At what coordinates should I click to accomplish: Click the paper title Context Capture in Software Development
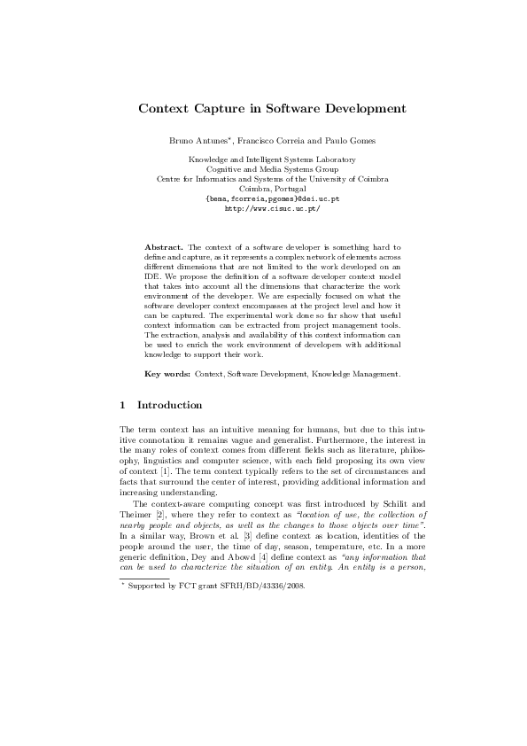pos(272,109)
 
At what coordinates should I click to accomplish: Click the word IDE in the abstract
pos(152,274)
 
